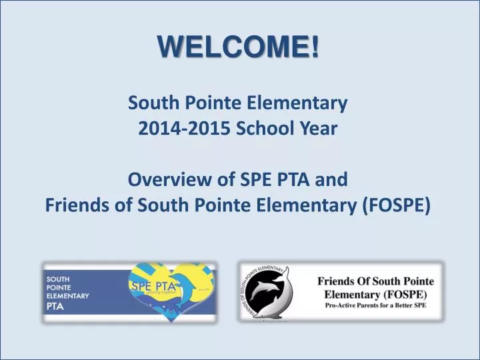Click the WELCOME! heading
coord(239,47)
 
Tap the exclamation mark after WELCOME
coord(314,47)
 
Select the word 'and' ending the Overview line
coord(331,180)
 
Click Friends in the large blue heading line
coord(75,206)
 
